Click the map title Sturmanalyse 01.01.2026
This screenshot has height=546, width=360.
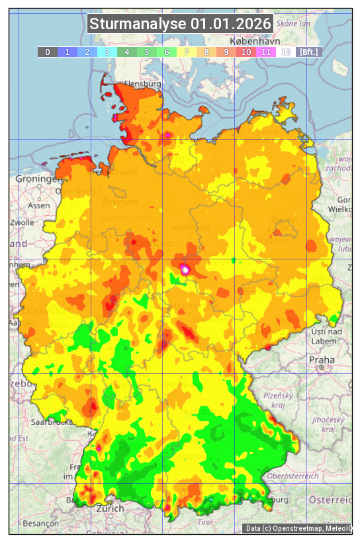[x=180, y=24]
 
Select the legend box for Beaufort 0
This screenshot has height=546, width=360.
[x=47, y=52]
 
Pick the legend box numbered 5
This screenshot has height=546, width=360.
[x=146, y=52]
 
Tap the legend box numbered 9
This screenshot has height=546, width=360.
[x=226, y=52]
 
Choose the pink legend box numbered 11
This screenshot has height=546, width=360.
[x=265, y=52]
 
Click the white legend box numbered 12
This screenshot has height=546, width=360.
[x=285, y=52]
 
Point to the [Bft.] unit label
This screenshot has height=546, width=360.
[x=308, y=52]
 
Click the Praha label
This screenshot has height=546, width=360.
[x=321, y=360]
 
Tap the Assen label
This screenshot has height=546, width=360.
[x=39, y=205]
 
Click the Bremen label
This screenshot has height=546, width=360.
[x=120, y=202]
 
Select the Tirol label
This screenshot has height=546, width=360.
[x=204, y=522]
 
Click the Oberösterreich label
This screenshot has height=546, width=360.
[x=293, y=476]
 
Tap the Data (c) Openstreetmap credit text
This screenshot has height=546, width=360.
[x=297, y=528]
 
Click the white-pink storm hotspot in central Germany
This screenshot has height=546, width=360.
[x=185, y=269]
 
